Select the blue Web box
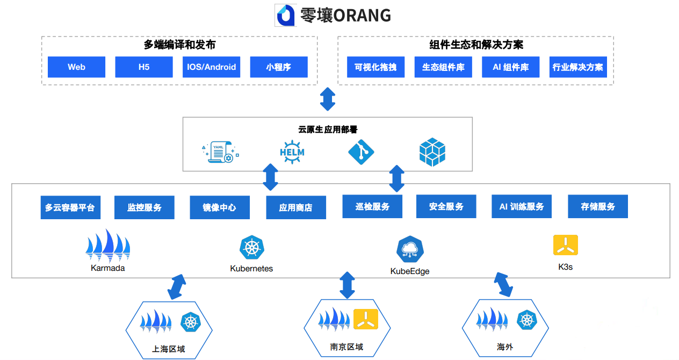[x=76, y=67]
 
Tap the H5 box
[x=144, y=67]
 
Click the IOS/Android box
[x=211, y=67]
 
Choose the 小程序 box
[x=279, y=67]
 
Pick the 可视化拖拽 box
[x=375, y=67]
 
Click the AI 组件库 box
[x=510, y=67]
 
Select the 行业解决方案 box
[x=578, y=67]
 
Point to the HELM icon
[x=292, y=152]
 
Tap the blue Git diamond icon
[x=361, y=152]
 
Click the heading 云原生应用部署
[x=328, y=129]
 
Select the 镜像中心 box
[x=220, y=207]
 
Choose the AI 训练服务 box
[x=522, y=206]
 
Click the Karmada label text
[x=108, y=268]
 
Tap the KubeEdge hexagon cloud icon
[x=410, y=249]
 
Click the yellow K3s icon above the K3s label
[x=566, y=245]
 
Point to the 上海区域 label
[x=169, y=349]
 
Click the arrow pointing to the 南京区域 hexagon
[x=348, y=285]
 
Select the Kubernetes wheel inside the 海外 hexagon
[x=527, y=320]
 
